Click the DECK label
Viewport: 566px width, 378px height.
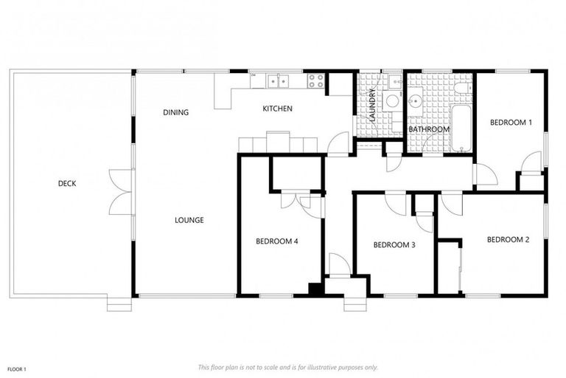point(67,184)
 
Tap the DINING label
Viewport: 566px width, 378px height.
point(175,113)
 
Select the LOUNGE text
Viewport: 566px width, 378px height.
point(189,220)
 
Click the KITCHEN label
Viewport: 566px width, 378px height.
point(277,109)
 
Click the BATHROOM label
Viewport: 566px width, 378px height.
point(429,130)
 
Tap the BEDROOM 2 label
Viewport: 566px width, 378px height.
point(508,239)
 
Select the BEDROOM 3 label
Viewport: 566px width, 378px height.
point(394,245)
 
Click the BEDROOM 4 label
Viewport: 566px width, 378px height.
point(276,241)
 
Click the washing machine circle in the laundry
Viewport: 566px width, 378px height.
point(392,100)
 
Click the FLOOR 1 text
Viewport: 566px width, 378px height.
point(16,368)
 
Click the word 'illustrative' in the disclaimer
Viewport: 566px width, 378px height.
point(327,367)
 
